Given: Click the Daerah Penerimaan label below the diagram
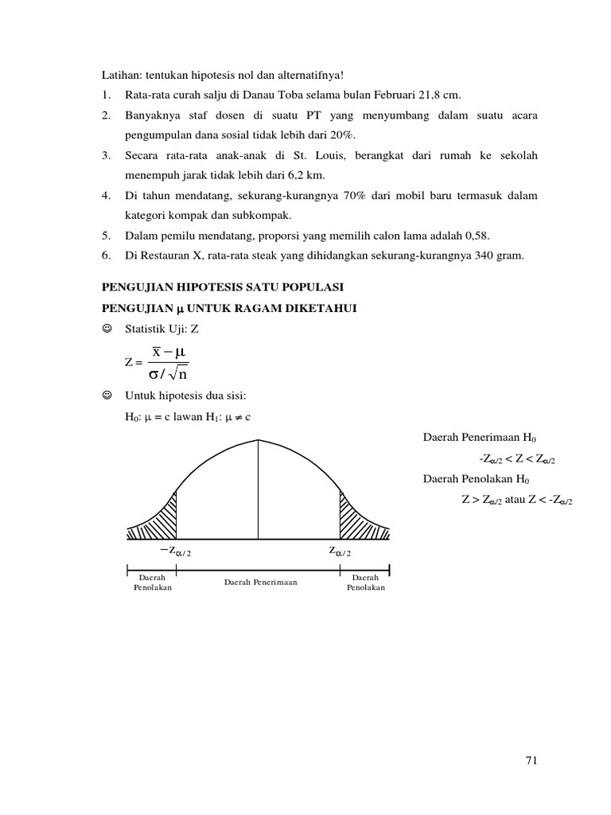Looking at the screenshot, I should click(x=260, y=582).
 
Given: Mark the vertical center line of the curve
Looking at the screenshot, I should click(x=258, y=485).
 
